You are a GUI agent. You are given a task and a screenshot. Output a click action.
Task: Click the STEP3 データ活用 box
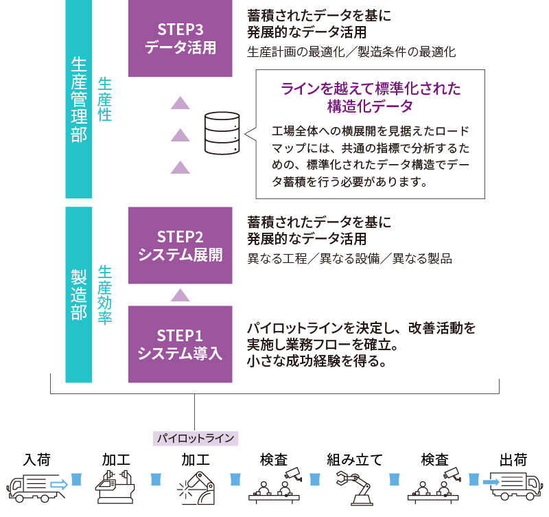click(x=180, y=38)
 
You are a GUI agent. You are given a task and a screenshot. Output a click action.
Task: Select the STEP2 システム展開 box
click(x=180, y=246)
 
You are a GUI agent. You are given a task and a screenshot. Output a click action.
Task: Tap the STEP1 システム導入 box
click(x=180, y=344)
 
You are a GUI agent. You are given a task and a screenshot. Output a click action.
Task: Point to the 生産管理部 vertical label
click(x=78, y=100)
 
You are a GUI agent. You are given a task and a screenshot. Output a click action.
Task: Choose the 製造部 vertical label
click(x=78, y=295)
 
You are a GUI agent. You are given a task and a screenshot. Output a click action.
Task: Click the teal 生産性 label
click(x=104, y=100)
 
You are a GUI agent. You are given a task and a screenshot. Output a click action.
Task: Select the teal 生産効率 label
click(x=104, y=295)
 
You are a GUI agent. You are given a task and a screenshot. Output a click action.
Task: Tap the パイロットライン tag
click(x=196, y=437)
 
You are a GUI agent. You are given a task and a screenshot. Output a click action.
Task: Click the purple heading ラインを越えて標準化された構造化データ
click(x=371, y=97)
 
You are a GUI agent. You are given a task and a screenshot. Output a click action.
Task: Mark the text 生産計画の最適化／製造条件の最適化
click(x=351, y=51)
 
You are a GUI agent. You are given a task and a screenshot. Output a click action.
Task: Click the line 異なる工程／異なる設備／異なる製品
click(x=349, y=260)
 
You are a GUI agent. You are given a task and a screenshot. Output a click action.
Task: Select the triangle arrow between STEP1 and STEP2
click(x=180, y=295)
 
